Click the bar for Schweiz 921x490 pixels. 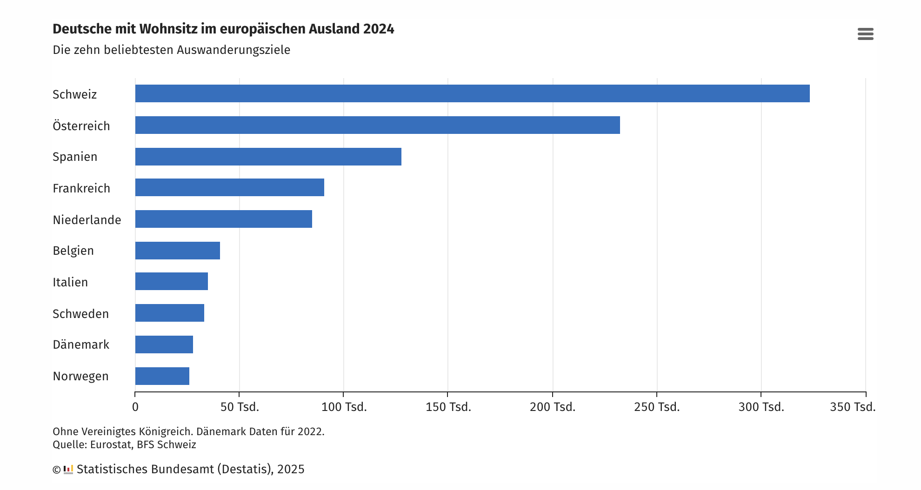pyautogui.click(x=472, y=93)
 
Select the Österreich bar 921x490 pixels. pyautogui.click(x=377, y=125)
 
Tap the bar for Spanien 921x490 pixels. pyautogui.click(x=268, y=157)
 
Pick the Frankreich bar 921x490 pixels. pyautogui.click(x=229, y=187)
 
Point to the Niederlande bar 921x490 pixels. pyautogui.click(x=223, y=219)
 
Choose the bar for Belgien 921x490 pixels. pyautogui.click(x=177, y=251)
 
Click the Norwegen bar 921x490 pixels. pyautogui.click(x=162, y=376)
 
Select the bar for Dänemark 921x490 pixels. pyautogui.click(x=164, y=344)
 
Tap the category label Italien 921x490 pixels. pyautogui.click(x=70, y=282)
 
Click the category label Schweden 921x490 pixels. pyautogui.click(x=80, y=314)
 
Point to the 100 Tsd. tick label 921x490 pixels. pyautogui.click(x=344, y=407)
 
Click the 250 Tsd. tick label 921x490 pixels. pyautogui.click(x=657, y=407)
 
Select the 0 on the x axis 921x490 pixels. pyautogui.click(x=135, y=407)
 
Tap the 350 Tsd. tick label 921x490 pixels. pyautogui.click(x=853, y=407)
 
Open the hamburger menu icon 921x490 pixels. pyautogui.click(x=865, y=34)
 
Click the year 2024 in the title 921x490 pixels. pyautogui.click(x=379, y=29)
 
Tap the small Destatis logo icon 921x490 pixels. pyautogui.click(x=68, y=470)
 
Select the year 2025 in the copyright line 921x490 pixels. pyautogui.click(x=291, y=470)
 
